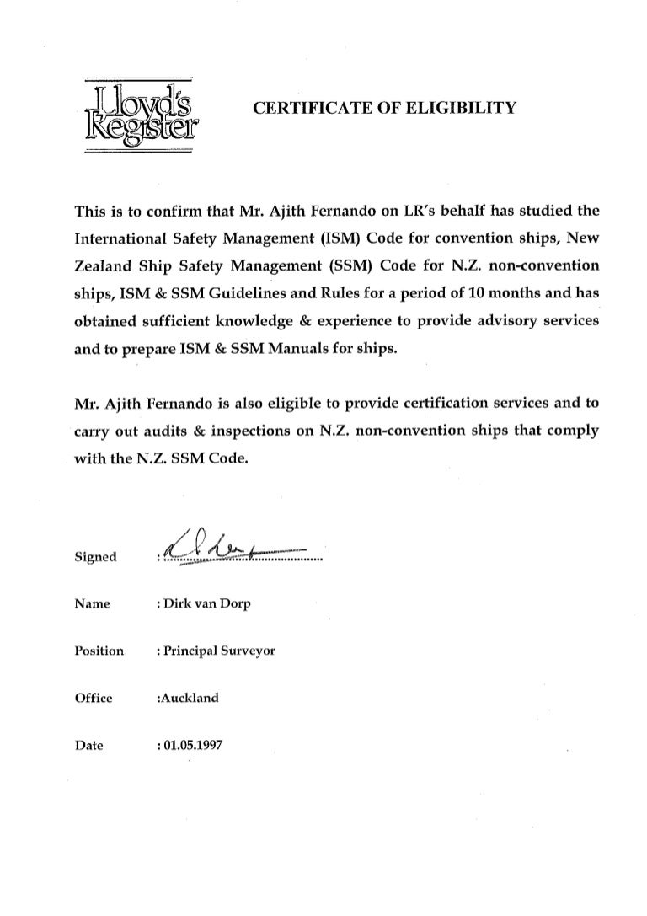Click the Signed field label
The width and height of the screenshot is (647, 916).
pos(96,557)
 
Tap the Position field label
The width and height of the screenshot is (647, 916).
pos(99,651)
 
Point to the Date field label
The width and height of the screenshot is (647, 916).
pos(88,745)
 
